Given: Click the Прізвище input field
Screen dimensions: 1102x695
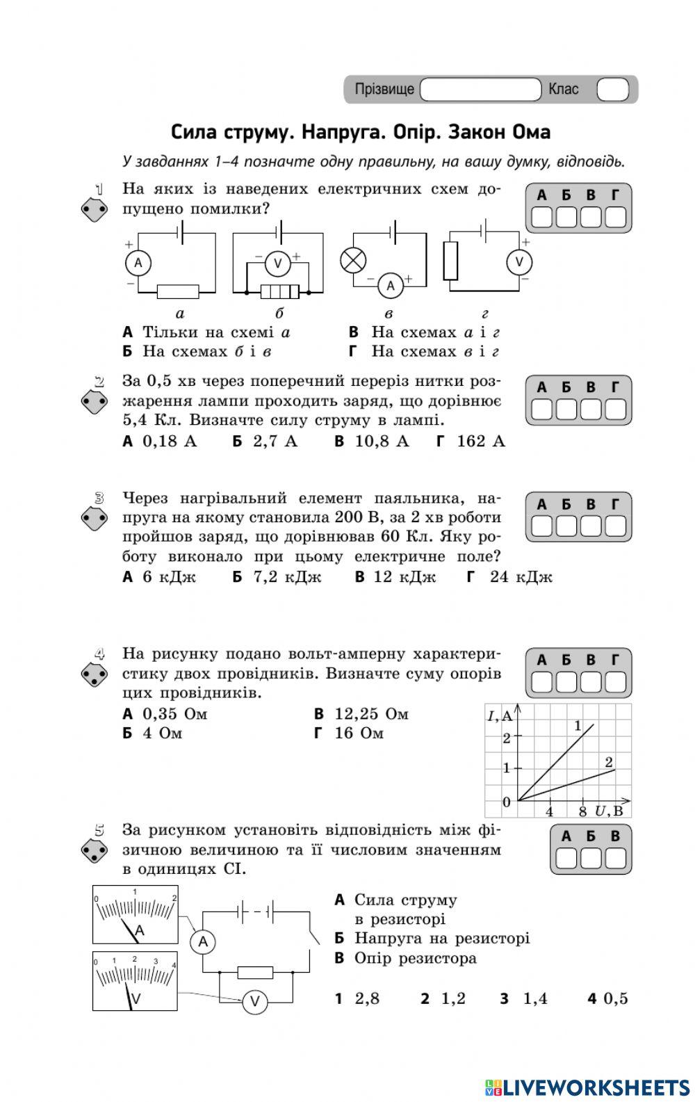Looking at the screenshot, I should (480, 90).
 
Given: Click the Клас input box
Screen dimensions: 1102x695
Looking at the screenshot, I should (612, 90).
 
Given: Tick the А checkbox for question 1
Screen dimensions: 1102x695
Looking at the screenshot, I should (542, 218).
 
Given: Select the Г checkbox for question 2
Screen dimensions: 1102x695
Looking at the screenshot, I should (616, 410).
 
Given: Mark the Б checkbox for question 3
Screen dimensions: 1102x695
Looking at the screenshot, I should (566, 526).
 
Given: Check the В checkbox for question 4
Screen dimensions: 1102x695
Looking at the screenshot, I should (591, 682).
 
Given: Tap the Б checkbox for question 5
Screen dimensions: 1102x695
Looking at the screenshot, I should (591, 859).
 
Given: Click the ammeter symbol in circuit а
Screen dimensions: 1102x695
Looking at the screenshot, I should (138, 263).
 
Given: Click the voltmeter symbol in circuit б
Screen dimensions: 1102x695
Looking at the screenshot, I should (278, 263).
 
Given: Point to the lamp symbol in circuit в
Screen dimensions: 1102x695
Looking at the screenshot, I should (353, 261).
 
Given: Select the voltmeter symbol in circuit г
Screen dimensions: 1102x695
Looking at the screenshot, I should (518, 262).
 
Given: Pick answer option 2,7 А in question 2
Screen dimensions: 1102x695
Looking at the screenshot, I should (274, 441).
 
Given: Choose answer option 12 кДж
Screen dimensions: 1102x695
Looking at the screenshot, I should (404, 576).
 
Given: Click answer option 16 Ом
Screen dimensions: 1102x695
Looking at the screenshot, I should (359, 734).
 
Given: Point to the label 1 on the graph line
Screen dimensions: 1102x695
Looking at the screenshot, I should (578, 726).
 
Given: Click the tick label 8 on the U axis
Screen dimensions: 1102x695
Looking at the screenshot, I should (582, 811).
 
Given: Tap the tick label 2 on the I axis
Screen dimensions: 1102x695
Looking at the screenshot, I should (506, 738).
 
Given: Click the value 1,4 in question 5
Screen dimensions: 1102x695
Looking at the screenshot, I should (534, 999).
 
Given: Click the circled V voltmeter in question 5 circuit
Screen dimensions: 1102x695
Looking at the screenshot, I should (254, 1002).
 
